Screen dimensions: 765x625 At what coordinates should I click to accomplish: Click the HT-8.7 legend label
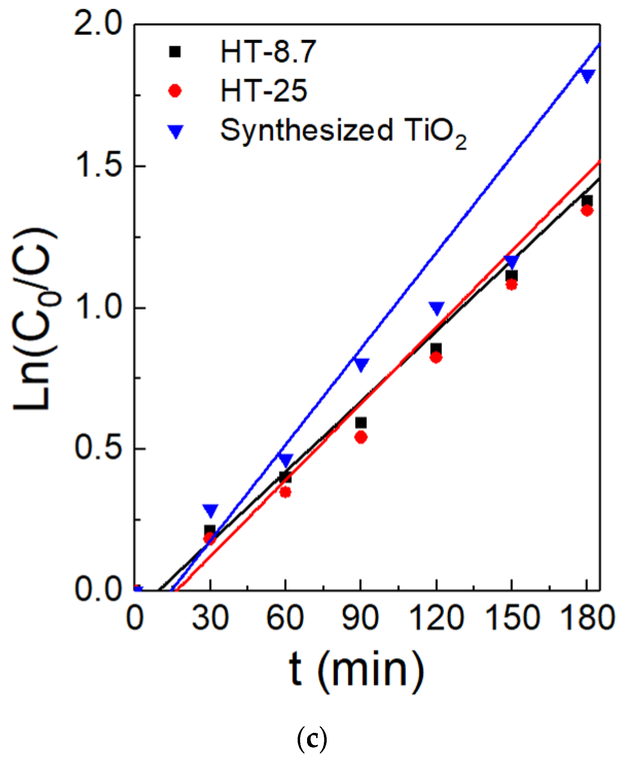pos(268,52)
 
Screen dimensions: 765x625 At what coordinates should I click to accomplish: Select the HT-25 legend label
pos(264,91)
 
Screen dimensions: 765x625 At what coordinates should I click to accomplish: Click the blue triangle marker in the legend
pos(176,132)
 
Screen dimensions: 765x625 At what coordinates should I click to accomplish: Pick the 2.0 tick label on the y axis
pos(98,24)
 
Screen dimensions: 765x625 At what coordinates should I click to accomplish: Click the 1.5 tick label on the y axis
pos(98,166)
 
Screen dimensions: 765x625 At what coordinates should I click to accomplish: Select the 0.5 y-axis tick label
pos(98,449)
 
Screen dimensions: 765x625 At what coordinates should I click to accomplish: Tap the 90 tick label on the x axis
pos(360,618)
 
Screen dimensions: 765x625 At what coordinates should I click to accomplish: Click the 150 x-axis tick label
pos(511,618)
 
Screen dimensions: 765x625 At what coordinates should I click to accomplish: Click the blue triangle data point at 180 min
pos(587,75)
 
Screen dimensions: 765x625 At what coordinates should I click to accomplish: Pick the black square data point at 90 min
pos(361,423)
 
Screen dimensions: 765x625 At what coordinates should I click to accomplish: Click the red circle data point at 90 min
pos(361,437)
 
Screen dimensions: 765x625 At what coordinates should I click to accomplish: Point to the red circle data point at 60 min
pos(285,492)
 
